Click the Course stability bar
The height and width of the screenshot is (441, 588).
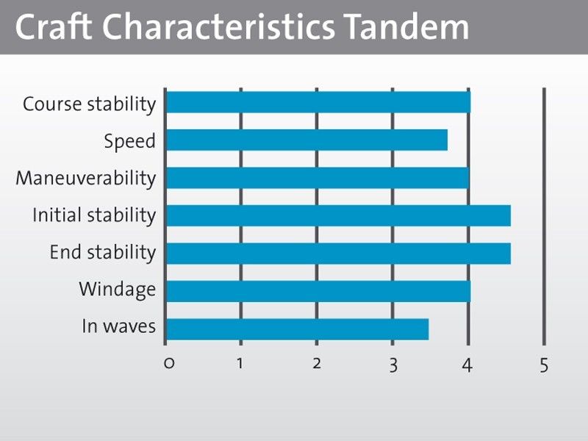tap(318, 102)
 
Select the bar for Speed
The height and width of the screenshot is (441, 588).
tap(306, 140)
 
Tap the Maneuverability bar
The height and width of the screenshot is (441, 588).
tap(318, 178)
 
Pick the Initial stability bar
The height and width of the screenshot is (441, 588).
tap(339, 215)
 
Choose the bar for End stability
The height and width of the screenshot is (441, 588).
tap(339, 254)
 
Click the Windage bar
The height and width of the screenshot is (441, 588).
tap(318, 291)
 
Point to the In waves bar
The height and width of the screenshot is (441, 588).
tap(298, 329)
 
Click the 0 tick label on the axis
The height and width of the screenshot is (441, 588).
tap(169, 364)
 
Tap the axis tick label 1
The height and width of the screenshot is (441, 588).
tap(240, 363)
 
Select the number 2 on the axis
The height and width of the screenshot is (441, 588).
tap(317, 363)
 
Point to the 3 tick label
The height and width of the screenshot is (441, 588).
tap(393, 365)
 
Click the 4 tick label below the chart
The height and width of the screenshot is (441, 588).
tap(467, 365)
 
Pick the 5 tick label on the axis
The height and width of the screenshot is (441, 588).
tap(544, 365)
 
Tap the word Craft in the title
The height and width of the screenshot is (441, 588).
tap(54, 27)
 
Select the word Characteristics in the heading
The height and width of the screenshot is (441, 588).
tap(218, 27)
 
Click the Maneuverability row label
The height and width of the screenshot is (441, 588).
tap(86, 178)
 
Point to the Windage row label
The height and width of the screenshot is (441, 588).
tap(118, 290)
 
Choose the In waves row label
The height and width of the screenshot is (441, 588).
tap(119, 326)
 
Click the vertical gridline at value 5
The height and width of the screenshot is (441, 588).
tap(544, 216)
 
